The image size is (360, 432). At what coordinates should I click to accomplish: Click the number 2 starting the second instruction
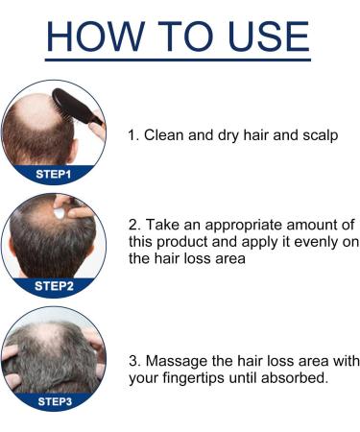point(132,224)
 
